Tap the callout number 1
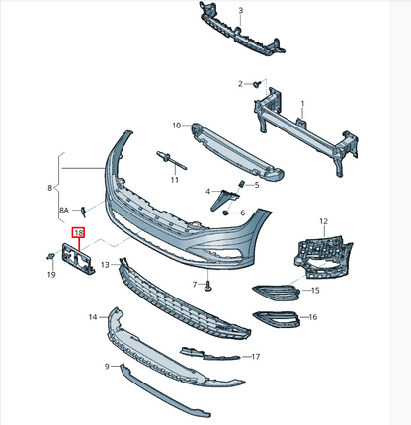(x=302, y=103)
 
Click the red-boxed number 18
(x=77, y=234)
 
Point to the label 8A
(x=64, y=211)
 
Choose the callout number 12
(x=322, y=222)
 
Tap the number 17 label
(x=255, y=356)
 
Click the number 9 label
(x=106, y=367)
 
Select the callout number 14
(x=93, y=317)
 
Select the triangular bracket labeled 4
(x=220, y=198)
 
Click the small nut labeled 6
(x=228, y=212)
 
